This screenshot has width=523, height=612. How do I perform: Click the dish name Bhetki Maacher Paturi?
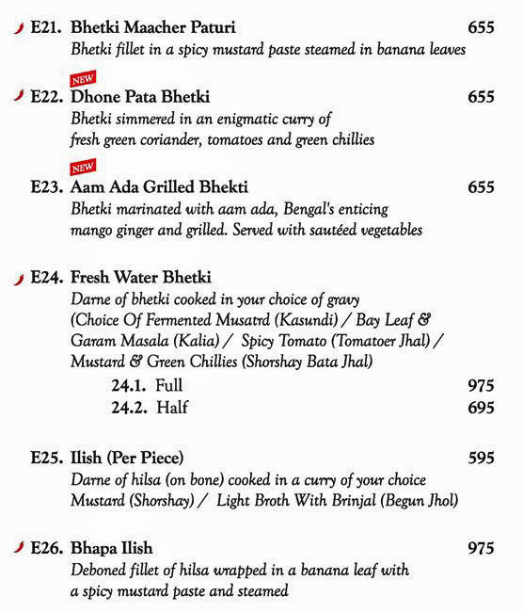(x=153, y=28)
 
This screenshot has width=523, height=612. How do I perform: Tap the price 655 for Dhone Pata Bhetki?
(x=481, y=97)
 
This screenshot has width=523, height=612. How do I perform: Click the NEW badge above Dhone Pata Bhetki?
(x=83, y=79)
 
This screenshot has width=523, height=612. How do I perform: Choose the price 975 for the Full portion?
(x=481, y=385)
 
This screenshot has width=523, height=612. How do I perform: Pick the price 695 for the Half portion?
(x=481, y=407)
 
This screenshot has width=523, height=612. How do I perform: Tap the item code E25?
(x=47, y=459)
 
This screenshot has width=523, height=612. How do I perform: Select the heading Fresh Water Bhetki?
(x=141, y=278)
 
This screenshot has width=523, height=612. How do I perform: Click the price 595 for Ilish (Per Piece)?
(x=481, y=459)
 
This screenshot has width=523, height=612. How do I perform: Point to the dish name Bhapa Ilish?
(x=111, y=548)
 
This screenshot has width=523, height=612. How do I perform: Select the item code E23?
(x=47, y=187)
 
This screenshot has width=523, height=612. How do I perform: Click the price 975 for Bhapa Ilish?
(x=481, y=548)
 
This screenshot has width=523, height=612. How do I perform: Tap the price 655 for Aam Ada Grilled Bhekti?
(x=481, y=187)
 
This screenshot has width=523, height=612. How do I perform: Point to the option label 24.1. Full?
(x=147, y=385)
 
